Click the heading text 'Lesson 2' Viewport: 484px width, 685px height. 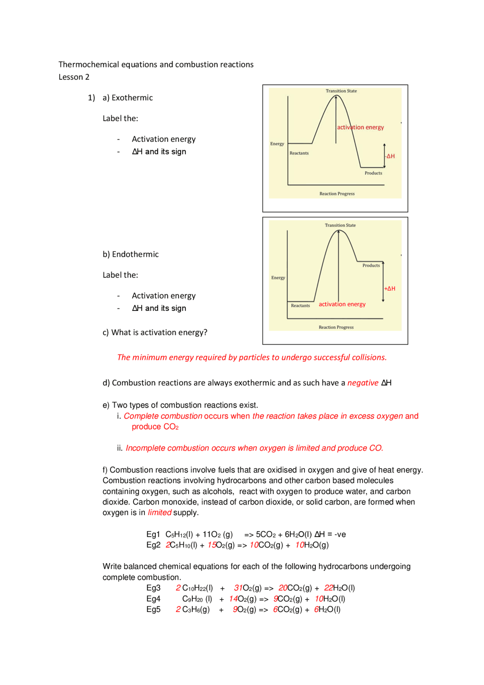[74, 77]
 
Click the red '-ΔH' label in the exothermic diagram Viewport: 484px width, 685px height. [390, 156]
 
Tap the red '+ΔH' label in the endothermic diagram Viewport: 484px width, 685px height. [390, 289]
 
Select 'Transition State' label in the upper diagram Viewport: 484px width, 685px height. [341, 91]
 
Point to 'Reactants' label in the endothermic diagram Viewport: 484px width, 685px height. [300, 306]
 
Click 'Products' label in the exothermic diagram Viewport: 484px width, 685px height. [373, 173]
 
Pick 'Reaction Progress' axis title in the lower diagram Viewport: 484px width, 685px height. [336, 328]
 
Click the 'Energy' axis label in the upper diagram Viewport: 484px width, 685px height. [277, 144]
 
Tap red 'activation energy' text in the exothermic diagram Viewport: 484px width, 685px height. [360, 127]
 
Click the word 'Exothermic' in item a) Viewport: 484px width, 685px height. [132, 98]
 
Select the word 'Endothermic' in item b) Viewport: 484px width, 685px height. [135, 255]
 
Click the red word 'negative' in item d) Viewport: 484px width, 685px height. [363, 383]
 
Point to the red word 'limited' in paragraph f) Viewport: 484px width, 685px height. [159, 513]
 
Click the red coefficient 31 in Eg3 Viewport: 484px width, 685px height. [238, 588]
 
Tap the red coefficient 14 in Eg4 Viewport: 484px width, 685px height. [233, 599]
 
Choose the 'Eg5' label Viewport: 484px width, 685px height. [153, 610]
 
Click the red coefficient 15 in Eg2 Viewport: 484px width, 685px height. [212, 545]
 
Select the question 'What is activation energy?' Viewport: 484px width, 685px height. [159, 333]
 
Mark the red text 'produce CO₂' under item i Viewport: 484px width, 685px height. [155, 427]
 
